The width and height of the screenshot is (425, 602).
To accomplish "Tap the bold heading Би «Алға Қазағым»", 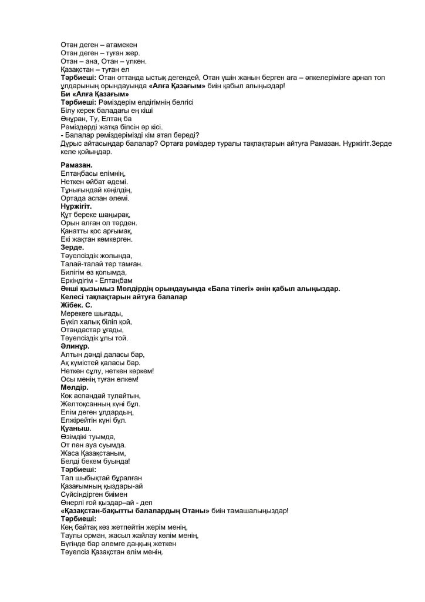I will click(x=95, y=94).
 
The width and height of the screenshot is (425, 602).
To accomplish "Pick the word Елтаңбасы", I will click(x=81, y=173).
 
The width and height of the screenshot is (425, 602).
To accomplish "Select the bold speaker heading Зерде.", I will click(x=73, y=248).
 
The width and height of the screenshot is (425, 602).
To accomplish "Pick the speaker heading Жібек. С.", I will click(x=76, y=306).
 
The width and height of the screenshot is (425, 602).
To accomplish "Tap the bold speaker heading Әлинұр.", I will click(x=75, y=347).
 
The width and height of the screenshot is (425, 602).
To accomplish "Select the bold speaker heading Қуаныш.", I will click(x=76, y=429).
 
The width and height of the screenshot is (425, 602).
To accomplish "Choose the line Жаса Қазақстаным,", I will click(x=93, y=454).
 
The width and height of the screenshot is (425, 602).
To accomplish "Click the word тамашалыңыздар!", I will click(x=258, y=511).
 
